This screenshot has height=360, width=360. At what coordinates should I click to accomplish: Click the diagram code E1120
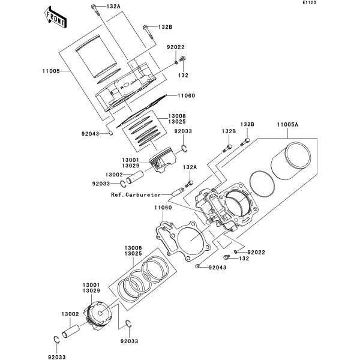point(343,3)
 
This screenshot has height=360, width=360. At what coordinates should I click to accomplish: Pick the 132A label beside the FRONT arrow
point(113,6)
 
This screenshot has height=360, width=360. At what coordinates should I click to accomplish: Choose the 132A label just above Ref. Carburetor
point(190,167)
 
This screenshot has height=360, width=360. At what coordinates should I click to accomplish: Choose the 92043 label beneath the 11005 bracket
point(101,133)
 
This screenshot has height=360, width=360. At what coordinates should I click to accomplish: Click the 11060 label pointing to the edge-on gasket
point(185,95)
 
